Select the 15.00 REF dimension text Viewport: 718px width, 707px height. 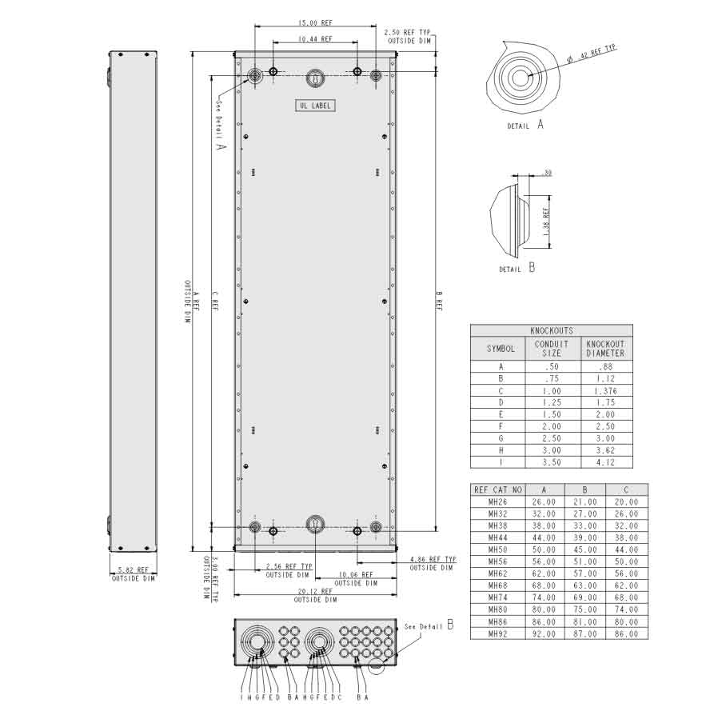click(315, 22)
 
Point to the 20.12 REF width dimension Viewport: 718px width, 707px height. click(315, 593)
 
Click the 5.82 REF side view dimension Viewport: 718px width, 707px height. click(133, 570)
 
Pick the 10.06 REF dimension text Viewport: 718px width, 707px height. click(355, 575)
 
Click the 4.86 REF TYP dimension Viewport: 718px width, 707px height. click(432, 560)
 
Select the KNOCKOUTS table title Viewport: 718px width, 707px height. click(551, 330)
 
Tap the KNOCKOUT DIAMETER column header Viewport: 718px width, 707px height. click(605, 348)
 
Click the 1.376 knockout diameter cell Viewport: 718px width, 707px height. click(605, 391)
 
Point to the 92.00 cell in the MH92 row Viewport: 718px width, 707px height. click(544, 634)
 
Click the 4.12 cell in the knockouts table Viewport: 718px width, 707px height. click(605, 461)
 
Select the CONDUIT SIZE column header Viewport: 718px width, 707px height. click(551, 348)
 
